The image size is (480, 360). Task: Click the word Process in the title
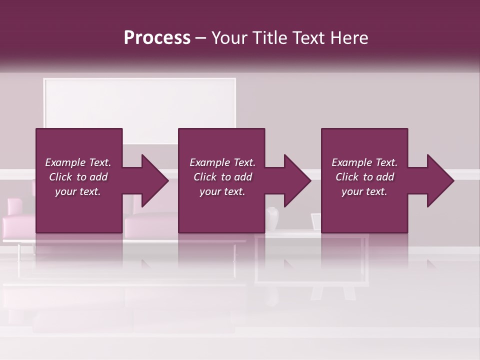click(x=157, y=38)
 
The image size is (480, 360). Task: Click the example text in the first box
click(x=78, y=177)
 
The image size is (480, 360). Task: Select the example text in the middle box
click(x=222, y=177)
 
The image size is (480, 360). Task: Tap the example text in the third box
click(x=364, y=177)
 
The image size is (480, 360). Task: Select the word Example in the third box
click(x=351, y=162)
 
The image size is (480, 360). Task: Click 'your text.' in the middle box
click(x=222, y=191)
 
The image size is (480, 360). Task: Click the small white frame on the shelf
click(x=315, y=221)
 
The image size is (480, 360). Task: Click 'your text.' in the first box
click(x=78, y=191)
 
